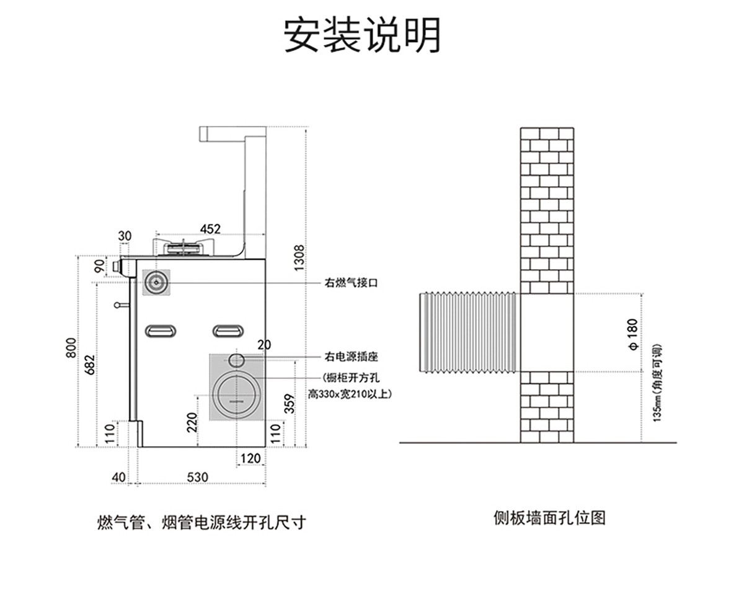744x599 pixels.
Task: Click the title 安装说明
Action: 363,35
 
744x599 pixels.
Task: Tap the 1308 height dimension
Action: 299,257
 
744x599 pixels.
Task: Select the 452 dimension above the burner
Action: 210,229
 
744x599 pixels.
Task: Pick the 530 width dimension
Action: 197,477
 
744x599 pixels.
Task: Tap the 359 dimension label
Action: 289,404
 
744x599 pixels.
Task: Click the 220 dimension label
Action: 192,423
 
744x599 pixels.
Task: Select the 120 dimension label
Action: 250,458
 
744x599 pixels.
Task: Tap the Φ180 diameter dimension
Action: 632,335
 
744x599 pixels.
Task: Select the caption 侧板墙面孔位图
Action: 549,517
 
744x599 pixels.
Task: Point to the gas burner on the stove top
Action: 184,247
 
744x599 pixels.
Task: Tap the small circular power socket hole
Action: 236,360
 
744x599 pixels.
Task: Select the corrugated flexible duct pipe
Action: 469,333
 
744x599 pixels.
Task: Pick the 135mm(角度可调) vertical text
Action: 658,383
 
